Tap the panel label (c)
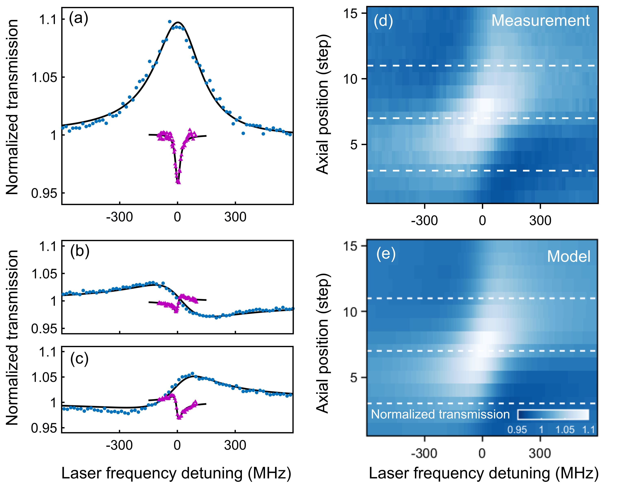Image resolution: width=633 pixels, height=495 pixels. pyautogui.click(x=79, y=359)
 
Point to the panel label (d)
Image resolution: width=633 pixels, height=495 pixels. pyautogui.click(x=383, y=21)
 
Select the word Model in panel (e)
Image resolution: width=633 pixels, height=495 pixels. pyautogui.click(x=568, y=256)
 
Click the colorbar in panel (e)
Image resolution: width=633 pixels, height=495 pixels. pyautogui.click(x=553, y=415)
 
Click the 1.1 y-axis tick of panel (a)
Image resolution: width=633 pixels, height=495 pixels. pyautogui.click(x=48, y=20)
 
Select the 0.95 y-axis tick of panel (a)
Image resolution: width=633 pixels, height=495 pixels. pyautogui.click(x=44, y=193)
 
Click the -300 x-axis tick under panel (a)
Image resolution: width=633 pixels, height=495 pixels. pyautogui.click(x=119, y=217)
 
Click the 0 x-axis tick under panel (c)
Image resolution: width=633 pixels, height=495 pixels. pyautogui.click(x=177, y=445)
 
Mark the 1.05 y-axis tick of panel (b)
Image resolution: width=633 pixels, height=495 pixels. pyautogui.click(x=44, y=274)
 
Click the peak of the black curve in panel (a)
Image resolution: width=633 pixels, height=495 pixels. pyautogui.click(x=178, y=22)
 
